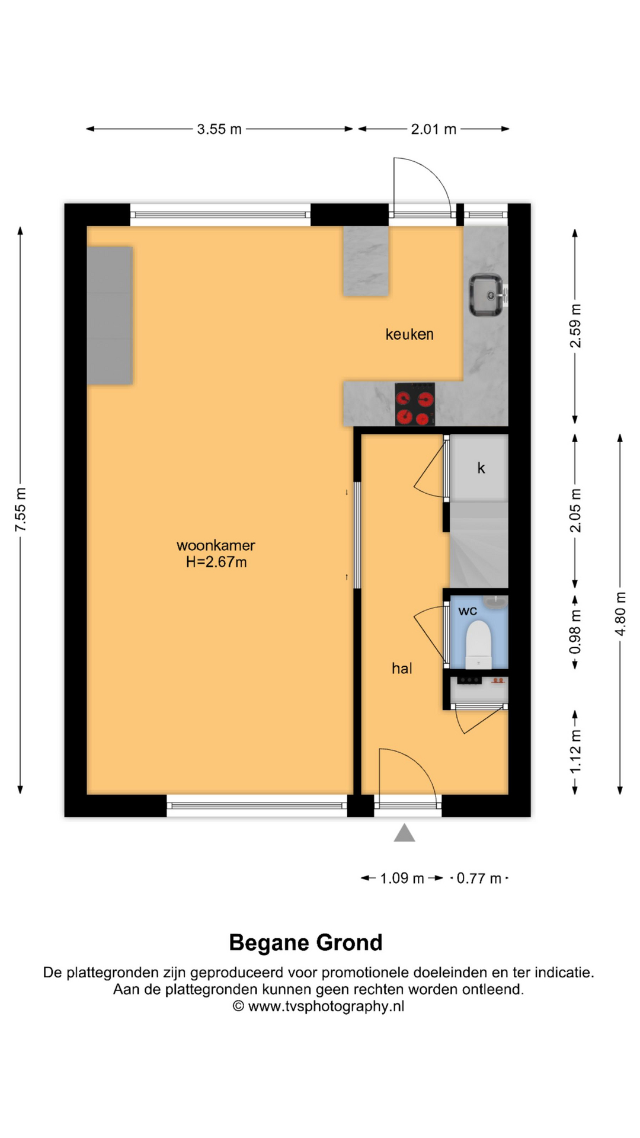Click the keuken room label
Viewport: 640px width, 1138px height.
pyautogui.click(x=409, y=334)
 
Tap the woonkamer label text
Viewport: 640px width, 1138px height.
pyautogui.click(x=216, y=545)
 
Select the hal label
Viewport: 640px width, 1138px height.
pyautogui.click(x=402, y=669)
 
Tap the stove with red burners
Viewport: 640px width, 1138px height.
pyautogui.click(x=415, y=404)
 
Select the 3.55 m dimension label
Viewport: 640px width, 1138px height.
pyautogui.click(x=219, y=129)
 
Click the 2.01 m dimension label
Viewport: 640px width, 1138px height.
pyautogui.click(x=434, y=129)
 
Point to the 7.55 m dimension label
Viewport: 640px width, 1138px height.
pyautogui.click(x=21, y=510)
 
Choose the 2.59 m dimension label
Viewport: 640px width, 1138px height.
pyautogui.click(x=575, y=326)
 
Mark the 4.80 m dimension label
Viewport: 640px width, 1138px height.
pyautogui.click(x=620, y=614)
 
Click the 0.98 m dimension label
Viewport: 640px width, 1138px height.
pyautogui.click(x=575, y=632)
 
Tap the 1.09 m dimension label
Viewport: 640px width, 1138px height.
pyautogui.click(x=402, y=878)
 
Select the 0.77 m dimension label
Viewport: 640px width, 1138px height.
pyautogui.click(x=479, y=878)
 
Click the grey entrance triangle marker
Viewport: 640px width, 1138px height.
pyautogui.click(x=405, y=833)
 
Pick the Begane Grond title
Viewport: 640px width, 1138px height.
pyautogui.click(x=306, y=942)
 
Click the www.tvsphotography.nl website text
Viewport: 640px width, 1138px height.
pyautogui.click(x=326, y=1006)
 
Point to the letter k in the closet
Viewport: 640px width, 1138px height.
pyautogui.click(x=481, y=468)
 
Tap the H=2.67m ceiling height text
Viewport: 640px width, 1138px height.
pyautogui.click(x=216, y=562)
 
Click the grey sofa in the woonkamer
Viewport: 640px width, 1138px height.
pyautogui.click(x=110, y=315)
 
